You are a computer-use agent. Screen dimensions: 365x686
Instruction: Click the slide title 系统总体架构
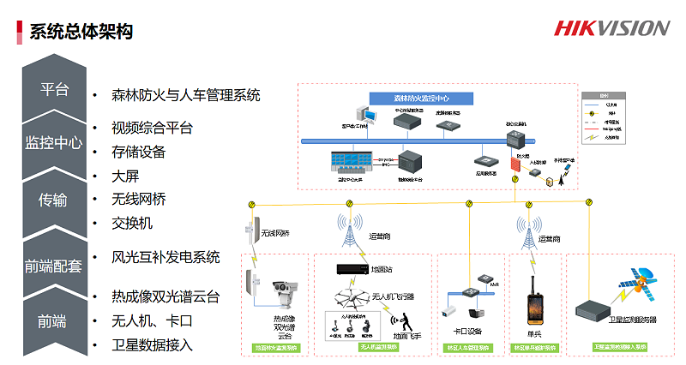coord(81,32)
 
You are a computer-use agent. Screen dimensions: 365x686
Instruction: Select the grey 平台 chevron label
coord(54,90)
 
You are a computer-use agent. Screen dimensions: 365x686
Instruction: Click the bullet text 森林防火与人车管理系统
coord(185,94)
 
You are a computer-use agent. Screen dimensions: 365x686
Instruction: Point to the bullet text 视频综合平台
coord(152,129)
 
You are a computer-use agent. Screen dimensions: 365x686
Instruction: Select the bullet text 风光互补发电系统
coord(165,257)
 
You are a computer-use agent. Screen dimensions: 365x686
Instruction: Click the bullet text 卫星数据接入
coord(152,345)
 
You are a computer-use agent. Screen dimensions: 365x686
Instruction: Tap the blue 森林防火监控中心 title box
coord(421,99)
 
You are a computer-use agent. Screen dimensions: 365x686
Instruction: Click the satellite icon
coord(641,285)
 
